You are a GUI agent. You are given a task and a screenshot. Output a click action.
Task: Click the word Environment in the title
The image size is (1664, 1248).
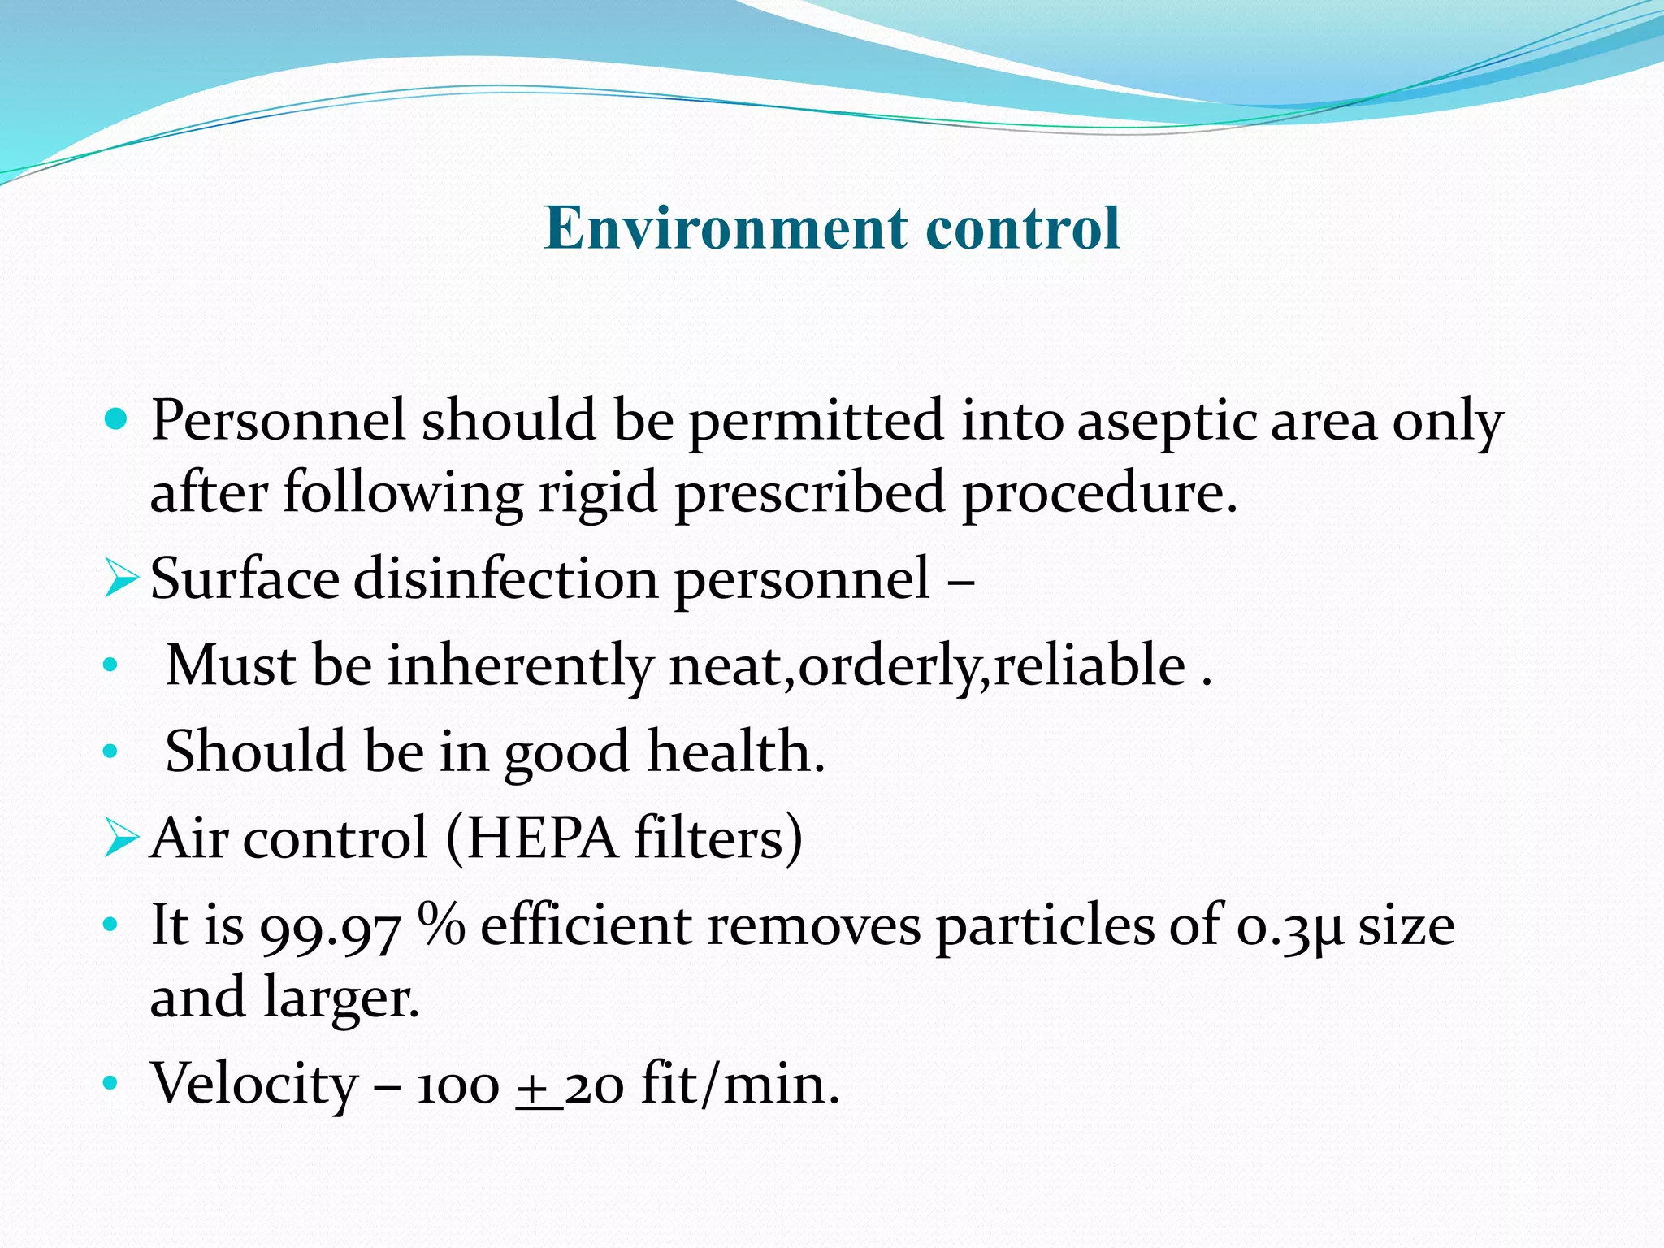click(726, 227)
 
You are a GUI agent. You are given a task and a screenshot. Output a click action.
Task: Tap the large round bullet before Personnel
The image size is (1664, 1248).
click(117, 418)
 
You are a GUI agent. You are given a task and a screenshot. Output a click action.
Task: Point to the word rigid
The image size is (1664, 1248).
click(598, 494)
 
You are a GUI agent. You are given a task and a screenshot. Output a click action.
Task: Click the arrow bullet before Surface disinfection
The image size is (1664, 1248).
click(121, 579)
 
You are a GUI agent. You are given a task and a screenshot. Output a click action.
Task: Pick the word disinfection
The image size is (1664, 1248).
click(505, 579)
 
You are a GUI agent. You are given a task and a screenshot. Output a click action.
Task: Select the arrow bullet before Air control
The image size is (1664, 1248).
click(121, 838)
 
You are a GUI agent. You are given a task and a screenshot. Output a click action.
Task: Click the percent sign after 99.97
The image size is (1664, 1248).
click(441, 925)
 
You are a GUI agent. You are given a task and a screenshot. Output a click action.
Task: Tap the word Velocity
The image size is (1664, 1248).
click(255, 1085)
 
